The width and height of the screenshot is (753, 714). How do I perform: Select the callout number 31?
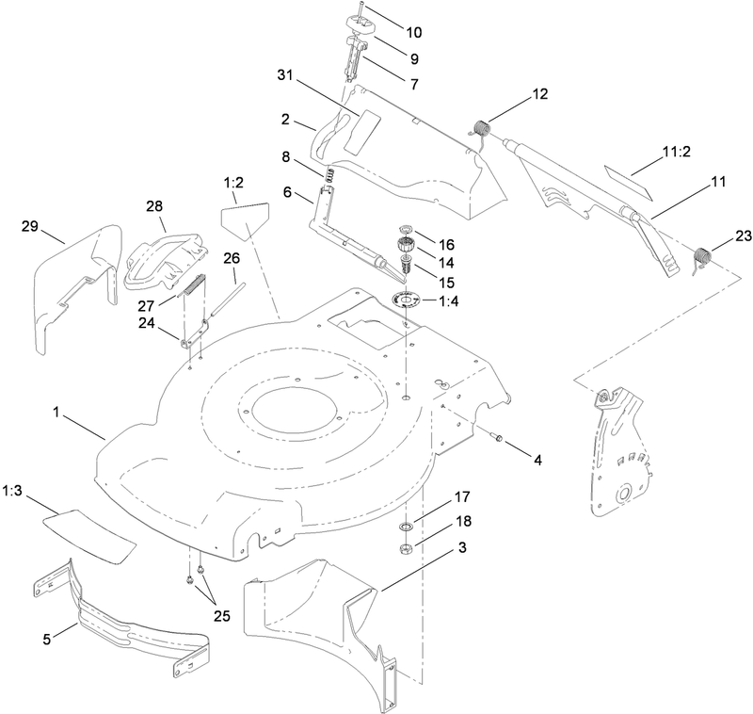[289, 74]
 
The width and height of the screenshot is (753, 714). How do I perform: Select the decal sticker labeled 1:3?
[89, 530]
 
